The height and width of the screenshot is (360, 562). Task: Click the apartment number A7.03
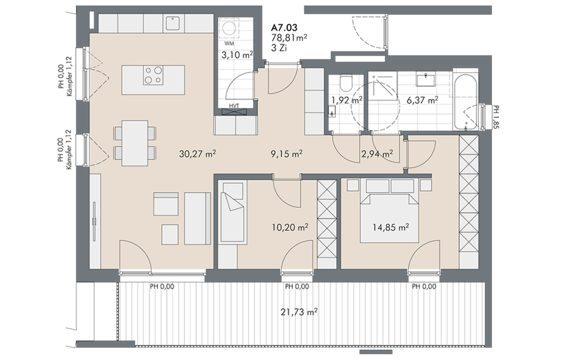(x=284, y=27)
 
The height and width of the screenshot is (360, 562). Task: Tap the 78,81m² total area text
(x=289, y=38)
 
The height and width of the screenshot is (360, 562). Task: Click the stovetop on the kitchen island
(x=153, y=75)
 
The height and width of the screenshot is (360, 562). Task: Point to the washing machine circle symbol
(x=229, y=28)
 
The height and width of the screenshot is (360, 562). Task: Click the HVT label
(x=234, y=106)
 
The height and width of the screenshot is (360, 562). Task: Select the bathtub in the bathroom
(x=465, y=102)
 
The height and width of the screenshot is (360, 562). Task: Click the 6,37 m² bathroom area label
(x=422, y=100)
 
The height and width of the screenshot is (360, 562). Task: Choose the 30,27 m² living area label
(x=197, y=154)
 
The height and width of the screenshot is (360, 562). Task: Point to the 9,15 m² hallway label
(x=286, y=154)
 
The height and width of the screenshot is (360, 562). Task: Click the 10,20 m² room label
(x=290, y=227)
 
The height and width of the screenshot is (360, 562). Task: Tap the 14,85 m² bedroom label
(x=391, y=227)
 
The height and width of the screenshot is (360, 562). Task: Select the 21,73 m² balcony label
(x=299, y=312)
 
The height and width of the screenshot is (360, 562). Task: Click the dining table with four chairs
(x=135, y=143)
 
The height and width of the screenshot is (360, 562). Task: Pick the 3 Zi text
(x=279, y=48)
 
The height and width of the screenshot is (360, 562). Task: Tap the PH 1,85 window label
(x=496, y=117)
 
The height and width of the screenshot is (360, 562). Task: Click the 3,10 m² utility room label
(x=237, y=55)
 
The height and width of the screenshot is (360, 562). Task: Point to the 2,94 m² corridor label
(x=377, y=154)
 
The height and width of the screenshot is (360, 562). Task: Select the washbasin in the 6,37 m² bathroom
(x=426, y=79)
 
